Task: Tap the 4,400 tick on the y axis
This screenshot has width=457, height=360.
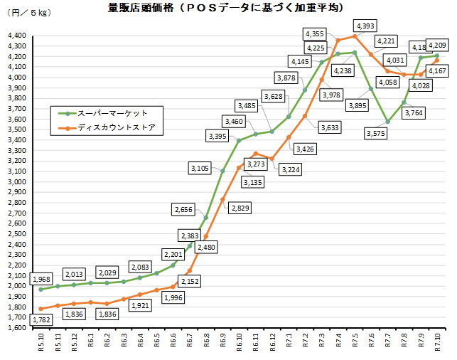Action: [16, 36]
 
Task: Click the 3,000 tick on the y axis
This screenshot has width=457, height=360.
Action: [16, 181]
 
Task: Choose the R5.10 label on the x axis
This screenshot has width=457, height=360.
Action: [41, 345]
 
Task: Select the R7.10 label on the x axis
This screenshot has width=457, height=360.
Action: [436, 345]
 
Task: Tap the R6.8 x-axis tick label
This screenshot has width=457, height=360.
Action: [206, 345]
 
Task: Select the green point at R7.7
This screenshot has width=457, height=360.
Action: [387, 122]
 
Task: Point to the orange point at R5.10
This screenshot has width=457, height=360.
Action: [41, 309]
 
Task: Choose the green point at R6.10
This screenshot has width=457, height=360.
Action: [239, 140]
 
